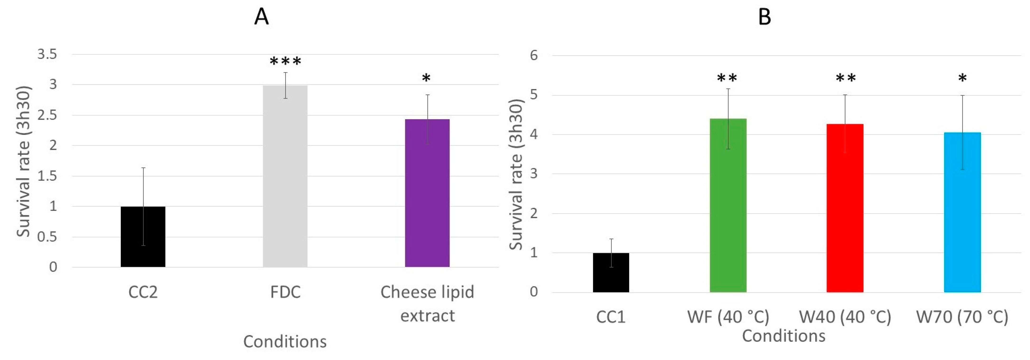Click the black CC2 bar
143,237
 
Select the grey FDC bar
285,176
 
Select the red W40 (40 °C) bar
845,208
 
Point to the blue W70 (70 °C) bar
962,212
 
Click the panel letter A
261,17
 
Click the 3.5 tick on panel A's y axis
47,54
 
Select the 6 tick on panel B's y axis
534,55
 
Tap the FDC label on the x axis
285,292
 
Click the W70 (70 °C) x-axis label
962,317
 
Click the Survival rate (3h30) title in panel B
516,174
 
